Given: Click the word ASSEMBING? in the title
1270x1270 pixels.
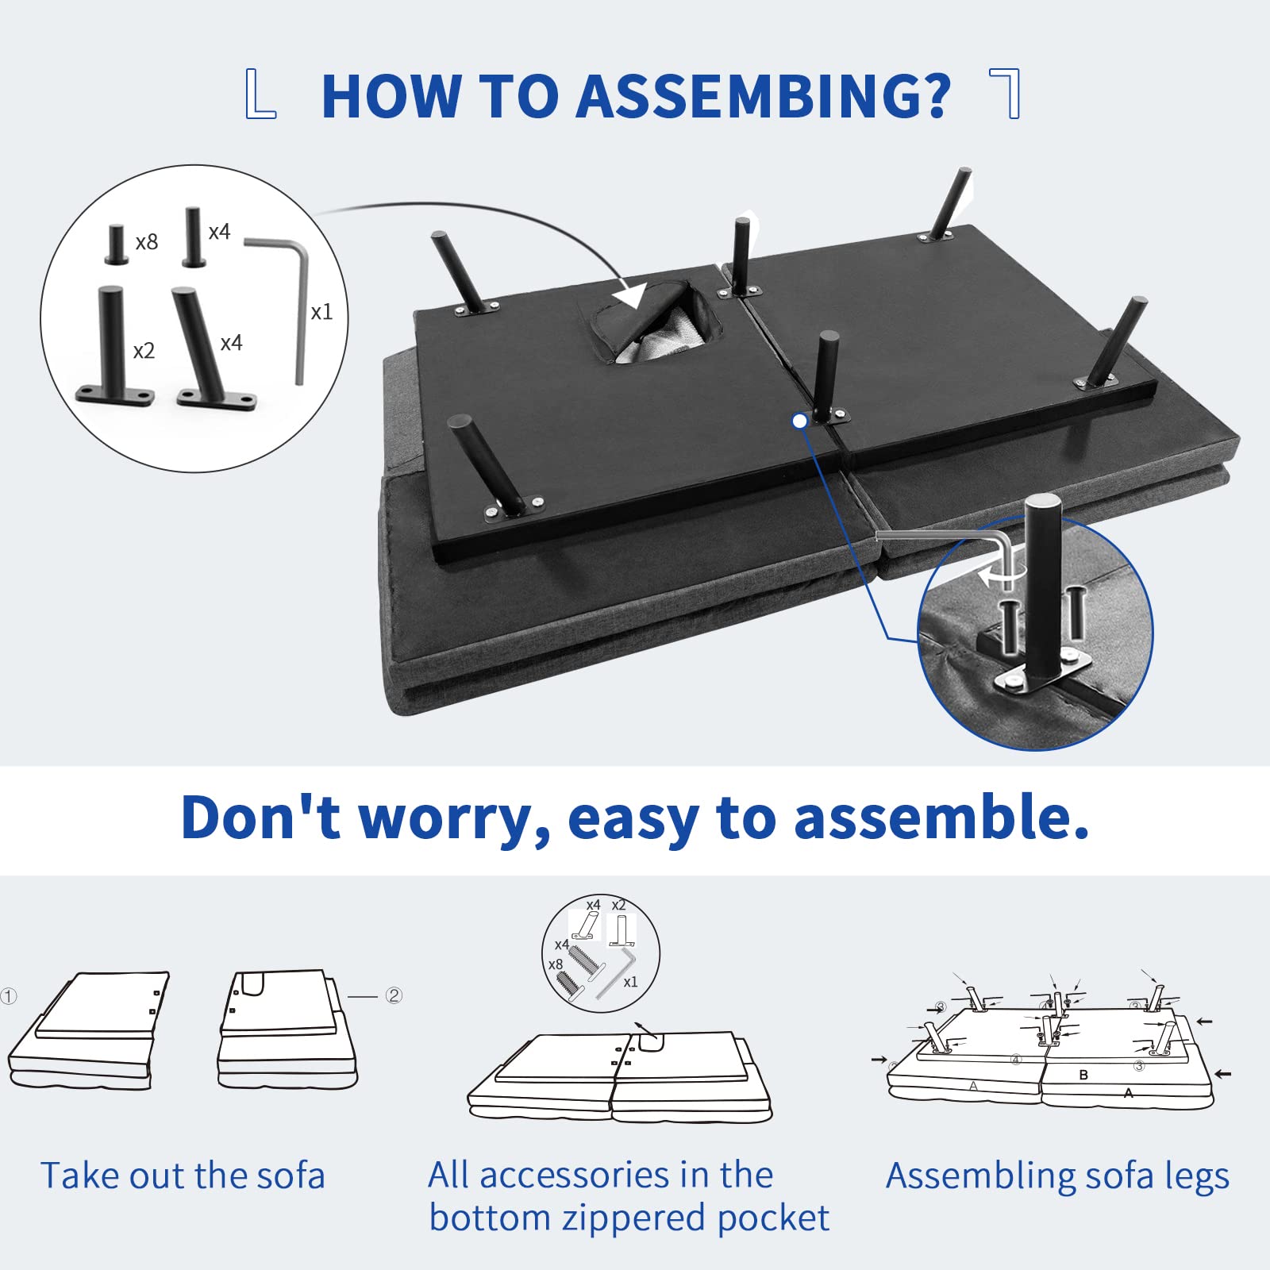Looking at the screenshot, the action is click(764, 96).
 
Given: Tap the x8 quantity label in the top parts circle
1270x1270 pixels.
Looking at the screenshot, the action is click(147, 242).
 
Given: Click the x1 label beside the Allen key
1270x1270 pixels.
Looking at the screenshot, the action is click(321, 312).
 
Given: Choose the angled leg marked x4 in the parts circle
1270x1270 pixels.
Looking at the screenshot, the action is click(208, 349).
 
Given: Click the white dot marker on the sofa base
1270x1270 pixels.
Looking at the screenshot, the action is click(800, 421).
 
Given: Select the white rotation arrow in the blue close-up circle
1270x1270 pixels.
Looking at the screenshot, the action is click(997, 574).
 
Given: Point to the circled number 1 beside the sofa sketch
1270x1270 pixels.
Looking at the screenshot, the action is click(9, 995).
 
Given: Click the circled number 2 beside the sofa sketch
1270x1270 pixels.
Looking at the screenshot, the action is click(394, 995).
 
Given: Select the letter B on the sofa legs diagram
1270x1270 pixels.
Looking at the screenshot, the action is click(1083, 1075).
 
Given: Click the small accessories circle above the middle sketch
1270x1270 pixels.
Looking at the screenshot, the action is click(601, 953).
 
